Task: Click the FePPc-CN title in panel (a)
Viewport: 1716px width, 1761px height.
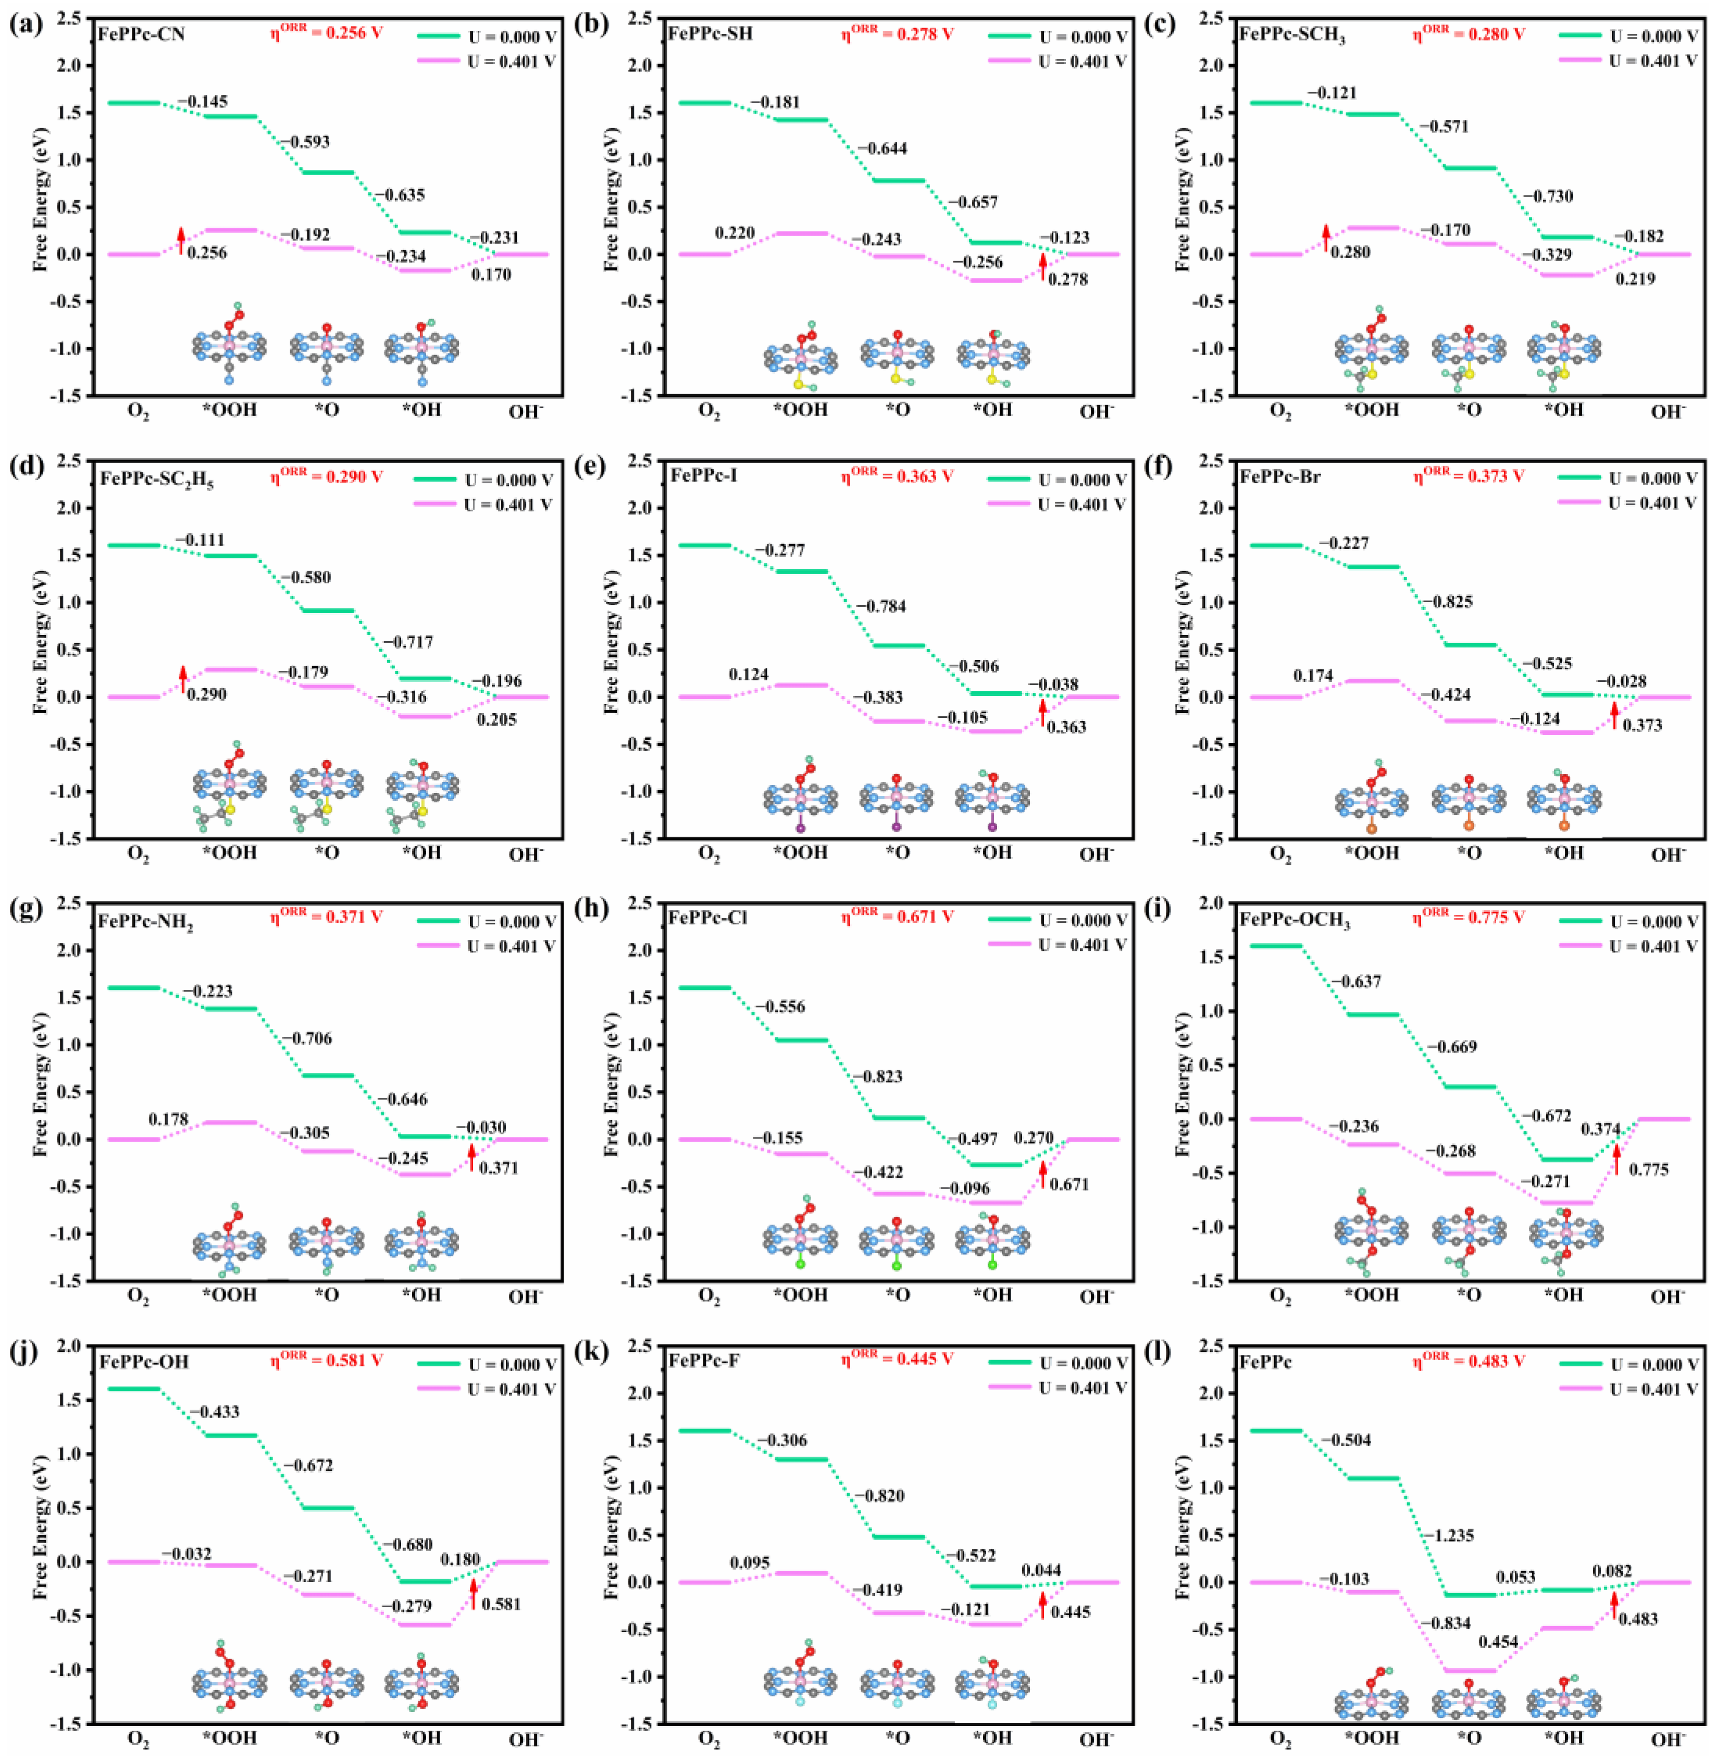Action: (142, 34)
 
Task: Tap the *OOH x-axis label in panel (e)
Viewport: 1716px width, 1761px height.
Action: (800, 852)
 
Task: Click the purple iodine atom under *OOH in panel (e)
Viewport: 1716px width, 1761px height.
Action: (800, 828)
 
